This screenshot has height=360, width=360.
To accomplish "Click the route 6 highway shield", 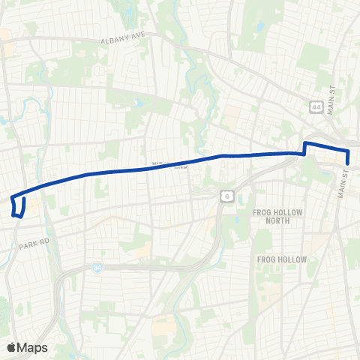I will point(224,196).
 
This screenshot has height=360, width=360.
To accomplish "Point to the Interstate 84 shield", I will point(98,267).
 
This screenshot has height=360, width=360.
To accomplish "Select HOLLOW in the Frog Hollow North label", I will point(289,212).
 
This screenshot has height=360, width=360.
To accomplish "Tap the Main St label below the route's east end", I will point(344,183).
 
